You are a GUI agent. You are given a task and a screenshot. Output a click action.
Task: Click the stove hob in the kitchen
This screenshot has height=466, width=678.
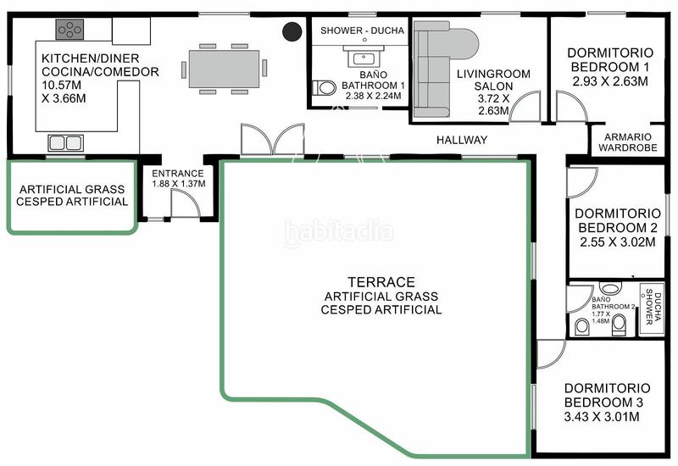(69, 30)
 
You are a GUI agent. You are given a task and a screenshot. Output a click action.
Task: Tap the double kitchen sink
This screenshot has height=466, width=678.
(65, 143)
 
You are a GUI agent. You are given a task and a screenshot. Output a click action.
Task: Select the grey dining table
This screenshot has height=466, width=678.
(224, 69)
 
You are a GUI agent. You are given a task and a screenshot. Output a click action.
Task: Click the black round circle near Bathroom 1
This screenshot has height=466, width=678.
(292, 31)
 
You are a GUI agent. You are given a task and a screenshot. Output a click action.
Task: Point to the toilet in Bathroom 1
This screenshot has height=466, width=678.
(325, 88)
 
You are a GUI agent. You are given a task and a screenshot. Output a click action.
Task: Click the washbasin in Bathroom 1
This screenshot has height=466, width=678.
(364, 56)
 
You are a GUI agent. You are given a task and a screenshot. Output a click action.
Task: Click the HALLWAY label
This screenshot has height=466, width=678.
(462, 140)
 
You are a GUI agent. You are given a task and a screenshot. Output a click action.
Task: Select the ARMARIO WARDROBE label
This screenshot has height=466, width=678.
(628, 142)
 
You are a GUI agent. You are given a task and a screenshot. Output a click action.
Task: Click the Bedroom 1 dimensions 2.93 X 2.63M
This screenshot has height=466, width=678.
(610, 81)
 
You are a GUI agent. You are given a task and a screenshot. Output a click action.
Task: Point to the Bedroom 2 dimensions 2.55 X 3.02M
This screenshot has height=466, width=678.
(618, 242)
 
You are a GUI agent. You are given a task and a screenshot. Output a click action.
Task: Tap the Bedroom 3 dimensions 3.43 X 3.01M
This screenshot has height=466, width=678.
(602, 417)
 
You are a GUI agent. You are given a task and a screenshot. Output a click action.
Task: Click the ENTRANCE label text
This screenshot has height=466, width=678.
(178, 174)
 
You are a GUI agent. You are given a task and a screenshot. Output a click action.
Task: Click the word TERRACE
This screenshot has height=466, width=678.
(381, 282)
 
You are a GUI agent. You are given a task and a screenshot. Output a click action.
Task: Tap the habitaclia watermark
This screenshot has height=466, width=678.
(338, 232)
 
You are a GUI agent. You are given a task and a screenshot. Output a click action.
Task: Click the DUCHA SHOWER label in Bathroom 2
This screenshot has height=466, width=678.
(653, 307)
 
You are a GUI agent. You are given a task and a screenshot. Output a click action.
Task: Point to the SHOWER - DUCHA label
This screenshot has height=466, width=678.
(363, 31)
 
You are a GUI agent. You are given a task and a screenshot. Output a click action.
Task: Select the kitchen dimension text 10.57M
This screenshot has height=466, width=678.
(61, 85)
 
